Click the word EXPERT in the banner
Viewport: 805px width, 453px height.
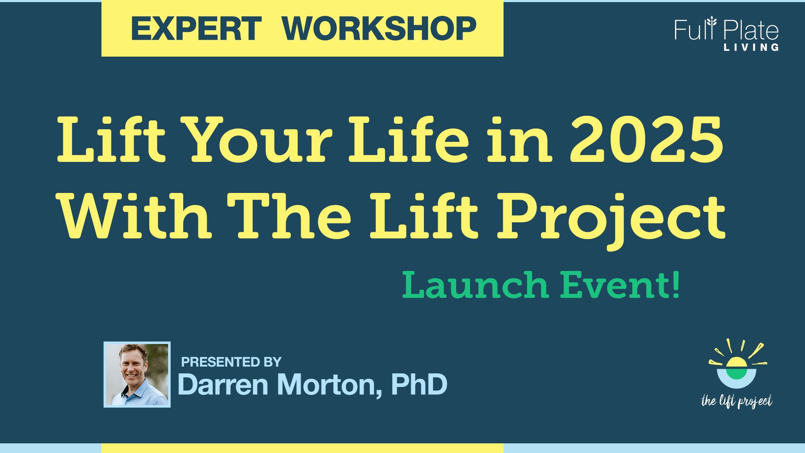(x=196, y=29)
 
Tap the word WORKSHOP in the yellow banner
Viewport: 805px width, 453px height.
(x=379, y=29)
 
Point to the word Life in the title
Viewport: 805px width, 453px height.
(x=408, y=140)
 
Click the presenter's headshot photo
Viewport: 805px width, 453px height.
(x=137, y=375)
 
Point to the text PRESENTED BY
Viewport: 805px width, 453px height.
(x=231, y=362)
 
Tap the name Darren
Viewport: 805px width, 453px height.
(x=223, y=384)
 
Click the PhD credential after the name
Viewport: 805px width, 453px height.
(x=419, y=384)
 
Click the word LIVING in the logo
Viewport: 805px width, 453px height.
(x=751, y=47)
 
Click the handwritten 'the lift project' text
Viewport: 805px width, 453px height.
(x=737, y=401)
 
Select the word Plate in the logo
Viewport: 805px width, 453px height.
(x=751, y=30)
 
